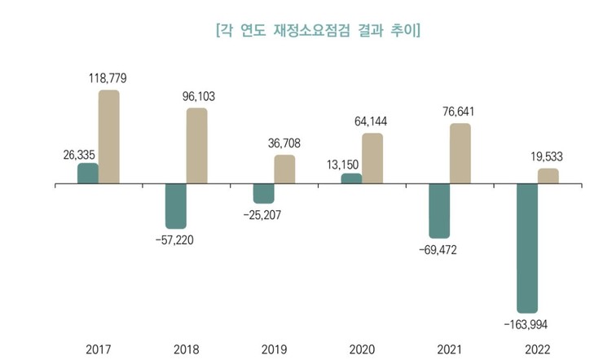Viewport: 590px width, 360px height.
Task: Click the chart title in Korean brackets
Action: tap(318, 32)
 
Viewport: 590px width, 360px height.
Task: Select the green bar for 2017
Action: tap(87, 174)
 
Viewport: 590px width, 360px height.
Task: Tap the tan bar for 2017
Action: tap(109, 138)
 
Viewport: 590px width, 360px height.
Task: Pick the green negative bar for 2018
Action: tap(176, 206)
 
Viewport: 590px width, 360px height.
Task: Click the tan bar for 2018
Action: tap(197, 147)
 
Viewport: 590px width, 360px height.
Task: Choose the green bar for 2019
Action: tap(263, 194)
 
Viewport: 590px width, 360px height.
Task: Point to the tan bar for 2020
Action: tap(372, 160)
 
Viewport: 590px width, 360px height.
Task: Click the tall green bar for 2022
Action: tap(526, 248)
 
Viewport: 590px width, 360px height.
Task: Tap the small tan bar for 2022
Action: tap(548, 177)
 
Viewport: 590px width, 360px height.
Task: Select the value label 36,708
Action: tap(284, 143)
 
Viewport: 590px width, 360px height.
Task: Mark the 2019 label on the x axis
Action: tap(274, 349)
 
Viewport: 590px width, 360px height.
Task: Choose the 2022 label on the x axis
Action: tap(538, 349)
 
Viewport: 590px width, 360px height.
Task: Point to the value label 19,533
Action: tap(548, 156)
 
